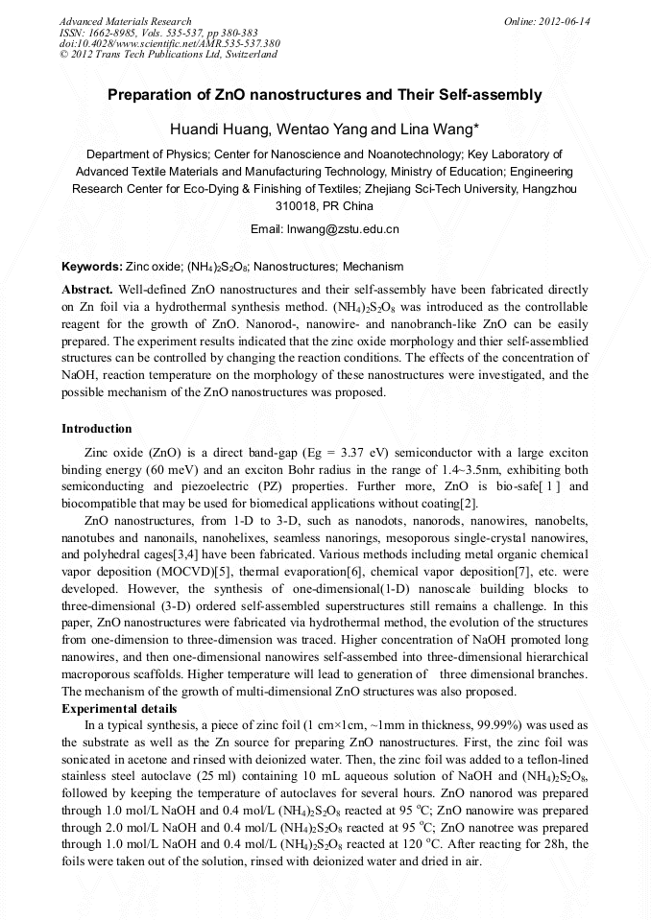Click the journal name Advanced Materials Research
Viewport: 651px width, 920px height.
pyautogui.click(x=126, y=21)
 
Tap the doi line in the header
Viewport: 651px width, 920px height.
pyautogui.click(x=170, y=43)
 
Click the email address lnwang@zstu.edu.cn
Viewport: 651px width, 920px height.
pyautogui.click(x=343, y=229)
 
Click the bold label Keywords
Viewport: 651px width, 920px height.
pyautogui.click(x=91, y=267)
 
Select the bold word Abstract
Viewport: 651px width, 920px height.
pyautogui.click(x=87, y=289)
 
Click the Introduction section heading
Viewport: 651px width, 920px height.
pyautogui.click(x=97, y=428)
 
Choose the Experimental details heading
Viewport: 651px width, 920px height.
pyautogui.click(x=119, y=709)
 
